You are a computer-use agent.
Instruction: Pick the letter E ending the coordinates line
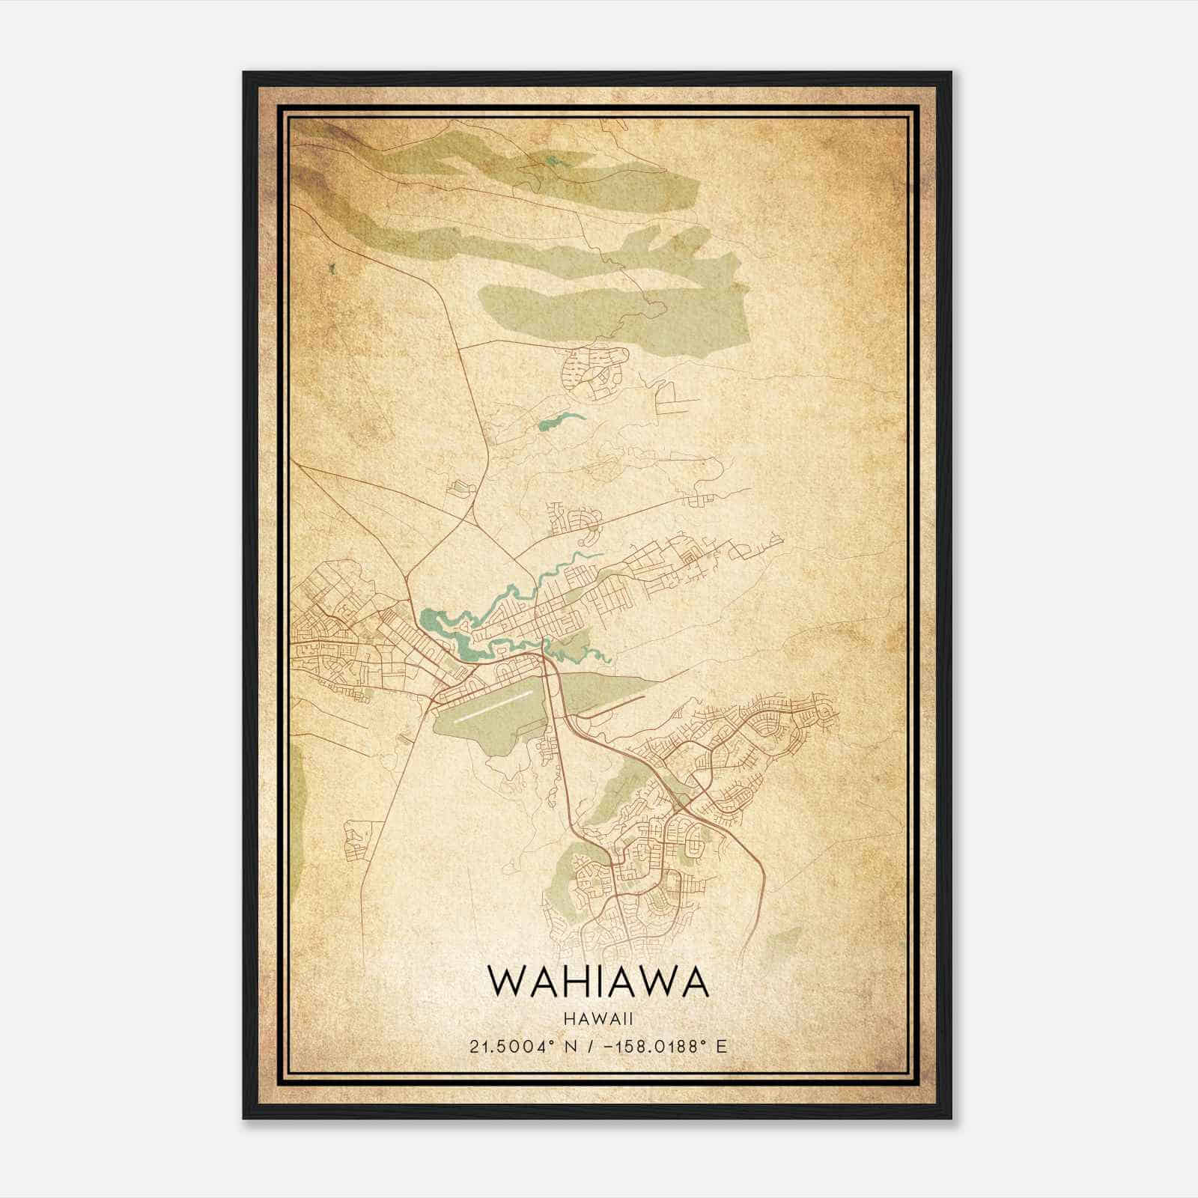point(721,1046)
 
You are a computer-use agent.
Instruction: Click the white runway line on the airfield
point(494,705)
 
